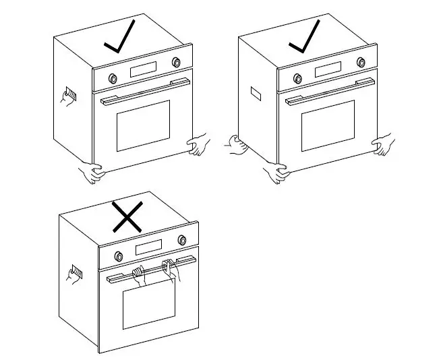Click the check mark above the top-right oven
point(303,39)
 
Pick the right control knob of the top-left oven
point(177,62)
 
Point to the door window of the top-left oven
point(143,125)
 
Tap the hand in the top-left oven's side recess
point(68,96)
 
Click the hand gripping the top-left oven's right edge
point(198,144)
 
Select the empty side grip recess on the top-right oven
point(256,93)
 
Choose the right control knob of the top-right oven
point(361,62)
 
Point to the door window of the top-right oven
point(328,125)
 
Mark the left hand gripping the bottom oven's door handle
point(139,274)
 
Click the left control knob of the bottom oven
point(118,256)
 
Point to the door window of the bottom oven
point(149,307)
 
